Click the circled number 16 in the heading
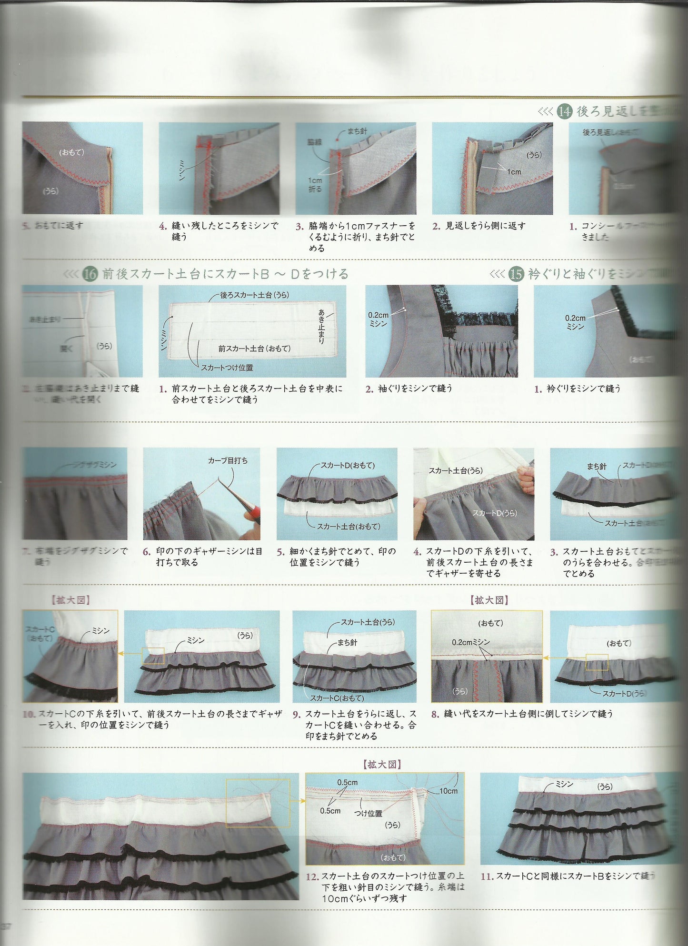pyautogui.click(x=90, y=274)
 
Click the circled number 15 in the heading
pyautogui.click(x=516, y=274)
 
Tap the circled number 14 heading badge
pyautogui.click(x=565, y=111)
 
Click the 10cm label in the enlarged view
pyautogui.click(x=448, y=791)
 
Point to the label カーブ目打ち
pyautogui.click(x=228, y=460)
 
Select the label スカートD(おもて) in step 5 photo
pyautogui.click(x=347, y=465)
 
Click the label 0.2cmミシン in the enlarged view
pyautogui.click(x=470, y=642)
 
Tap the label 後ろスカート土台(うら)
pyautogui.click(x=254, y=295)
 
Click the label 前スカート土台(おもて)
pyautogui.click(x=254, y=349)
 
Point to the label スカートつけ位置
pyautogui.click(x=227, y=368)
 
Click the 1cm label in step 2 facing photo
pyautogui.click(x=514, y=172)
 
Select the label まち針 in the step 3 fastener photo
pyautogui.click(x=357, y=131)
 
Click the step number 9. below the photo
pyautogui.click(x=297, y=714)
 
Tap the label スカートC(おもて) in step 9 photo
pyautogui.click(x=337, y=698)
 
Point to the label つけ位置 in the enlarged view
pyautogui.click(x=368, y=813)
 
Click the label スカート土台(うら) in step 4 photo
pyautogui.click(x=455, y=470)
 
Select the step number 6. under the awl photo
pyautogui.click(x=147, y=552)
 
